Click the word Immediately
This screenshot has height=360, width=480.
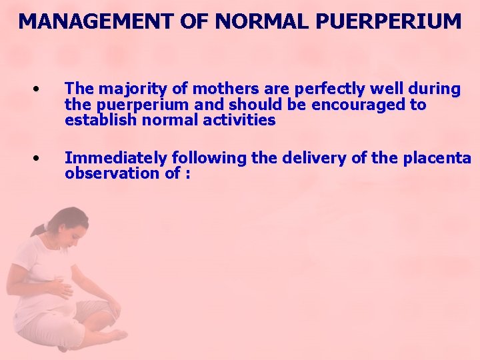coord(117,158)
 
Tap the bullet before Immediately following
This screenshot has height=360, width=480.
coord(39,159)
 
